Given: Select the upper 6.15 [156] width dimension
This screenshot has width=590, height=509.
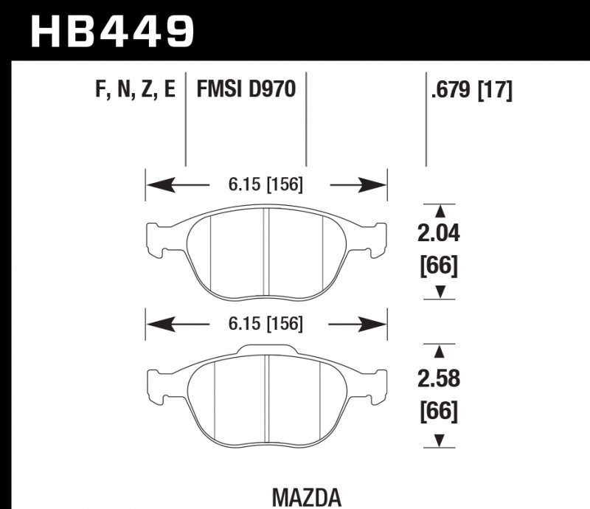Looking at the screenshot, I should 266,186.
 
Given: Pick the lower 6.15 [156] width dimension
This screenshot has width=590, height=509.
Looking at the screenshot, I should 266,325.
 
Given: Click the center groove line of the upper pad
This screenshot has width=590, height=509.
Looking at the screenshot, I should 266,251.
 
